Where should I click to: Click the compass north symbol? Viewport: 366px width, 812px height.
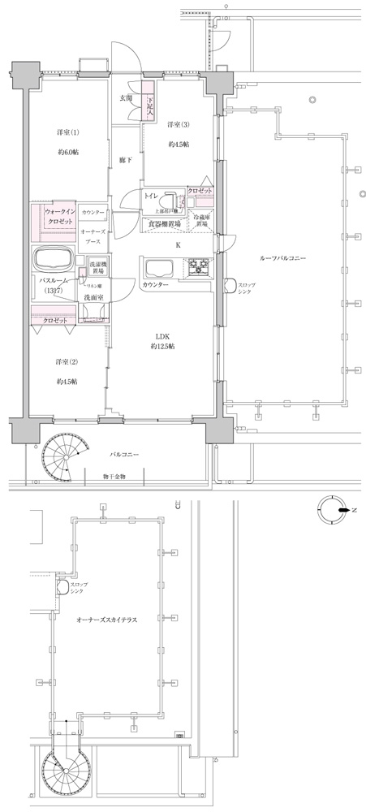tap(333, 509)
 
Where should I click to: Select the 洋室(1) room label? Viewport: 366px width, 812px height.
tap(68, 132)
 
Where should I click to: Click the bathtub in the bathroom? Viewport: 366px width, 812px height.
tap(54, 261)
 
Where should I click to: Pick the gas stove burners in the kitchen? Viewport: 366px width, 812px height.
tap(199, 266)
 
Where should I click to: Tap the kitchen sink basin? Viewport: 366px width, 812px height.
tap(157, 266)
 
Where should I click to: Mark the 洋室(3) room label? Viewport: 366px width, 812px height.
tap(179, 124)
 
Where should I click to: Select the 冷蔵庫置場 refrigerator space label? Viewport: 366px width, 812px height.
tap(200, 220)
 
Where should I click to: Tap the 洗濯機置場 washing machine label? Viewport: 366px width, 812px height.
tap(98, 268)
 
